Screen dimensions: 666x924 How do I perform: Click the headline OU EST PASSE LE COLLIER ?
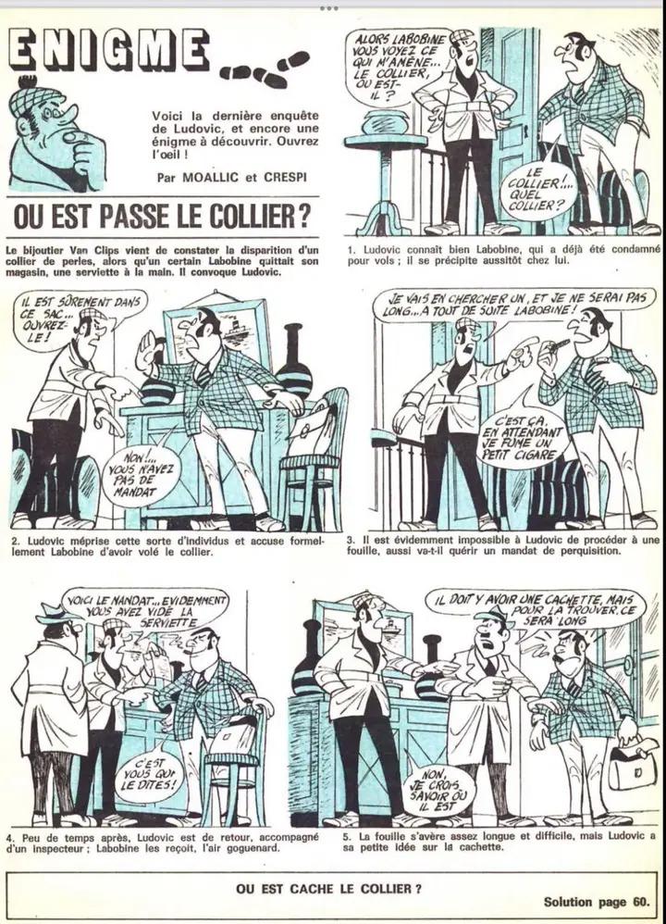[x=162, y=217]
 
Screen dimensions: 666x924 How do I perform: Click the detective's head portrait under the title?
[x=55, y=134]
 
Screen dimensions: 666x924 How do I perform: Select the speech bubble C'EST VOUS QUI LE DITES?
[x=149, y=775]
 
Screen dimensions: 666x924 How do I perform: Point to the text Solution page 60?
[x=597, y=902]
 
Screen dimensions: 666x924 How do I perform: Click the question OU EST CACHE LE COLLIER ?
[x=328, y=889]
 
